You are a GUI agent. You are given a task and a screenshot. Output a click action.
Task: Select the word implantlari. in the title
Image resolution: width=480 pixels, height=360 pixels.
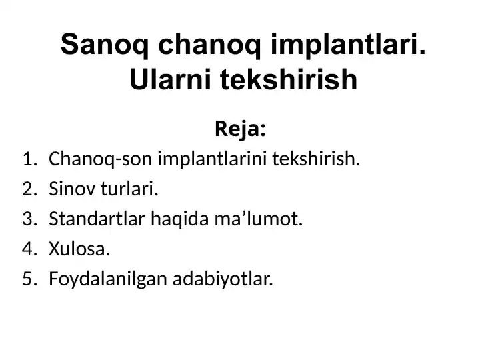tap(345, 46)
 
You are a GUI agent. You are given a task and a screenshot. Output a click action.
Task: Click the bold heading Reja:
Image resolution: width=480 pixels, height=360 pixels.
tap(240, 129)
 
